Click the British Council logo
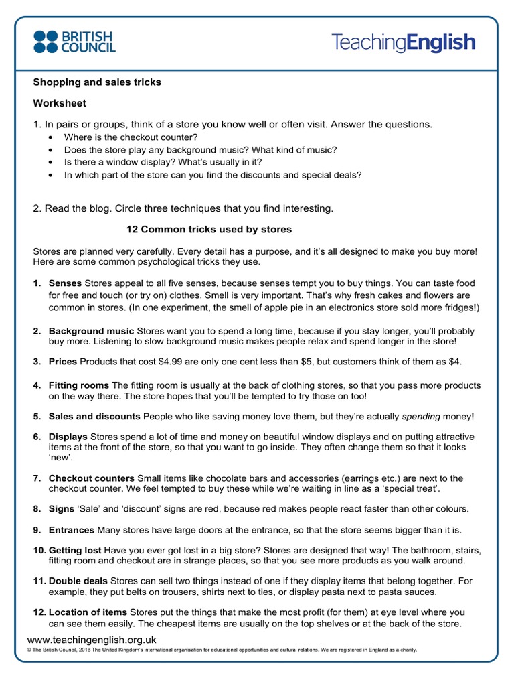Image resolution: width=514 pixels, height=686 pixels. [74, 42]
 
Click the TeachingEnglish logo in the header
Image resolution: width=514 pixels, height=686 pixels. [403, 43]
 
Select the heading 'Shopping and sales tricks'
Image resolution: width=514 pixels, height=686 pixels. [97, 82]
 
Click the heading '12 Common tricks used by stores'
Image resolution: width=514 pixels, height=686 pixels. [209, 230]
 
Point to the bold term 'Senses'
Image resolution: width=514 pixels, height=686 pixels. [65, 283]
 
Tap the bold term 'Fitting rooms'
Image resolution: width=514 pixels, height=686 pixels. [78, 386]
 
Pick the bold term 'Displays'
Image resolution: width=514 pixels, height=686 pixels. [68, 437]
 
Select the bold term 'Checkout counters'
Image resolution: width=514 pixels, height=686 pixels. [92, 478]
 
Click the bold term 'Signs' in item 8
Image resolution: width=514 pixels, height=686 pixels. [62, 509]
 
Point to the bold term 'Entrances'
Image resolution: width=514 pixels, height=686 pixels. [72, 530]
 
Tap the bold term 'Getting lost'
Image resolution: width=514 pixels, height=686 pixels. [75, 550]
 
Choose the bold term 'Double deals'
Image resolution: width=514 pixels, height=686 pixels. [78, 581]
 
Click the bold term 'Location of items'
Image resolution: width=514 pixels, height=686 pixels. [88, 612]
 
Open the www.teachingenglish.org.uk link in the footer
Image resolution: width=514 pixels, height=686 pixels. [92, 640]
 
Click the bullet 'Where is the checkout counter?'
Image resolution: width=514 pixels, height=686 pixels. [127, 137]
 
